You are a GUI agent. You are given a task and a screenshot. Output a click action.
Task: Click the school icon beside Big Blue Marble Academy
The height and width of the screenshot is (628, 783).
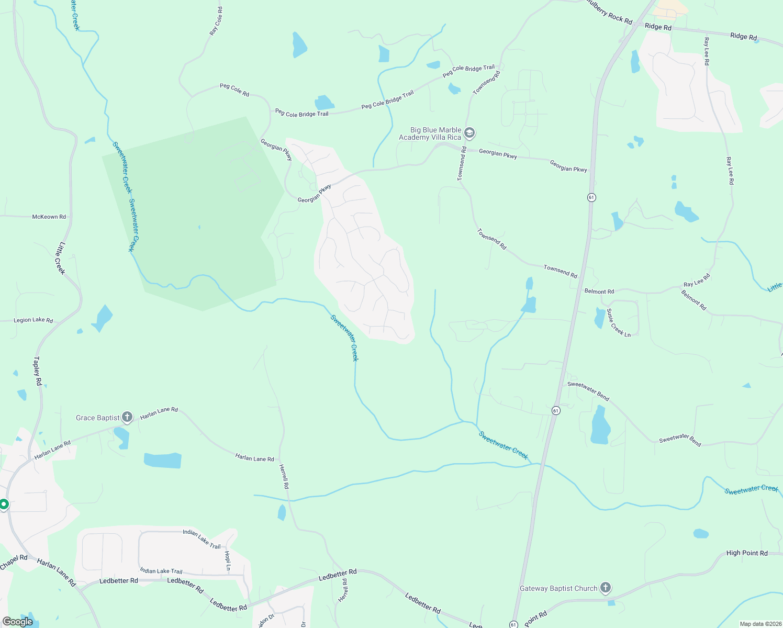[469, 133]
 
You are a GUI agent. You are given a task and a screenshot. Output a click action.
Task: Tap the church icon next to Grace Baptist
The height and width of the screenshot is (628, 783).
[127, 417]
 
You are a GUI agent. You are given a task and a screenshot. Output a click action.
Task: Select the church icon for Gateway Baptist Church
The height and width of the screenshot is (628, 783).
[606, 588]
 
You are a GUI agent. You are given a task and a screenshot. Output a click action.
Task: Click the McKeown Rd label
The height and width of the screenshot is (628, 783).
[49, 217]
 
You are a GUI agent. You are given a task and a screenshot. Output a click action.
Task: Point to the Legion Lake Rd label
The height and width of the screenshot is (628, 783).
[33, 320]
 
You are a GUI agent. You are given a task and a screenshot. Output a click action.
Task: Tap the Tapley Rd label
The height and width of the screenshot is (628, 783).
[38, 371]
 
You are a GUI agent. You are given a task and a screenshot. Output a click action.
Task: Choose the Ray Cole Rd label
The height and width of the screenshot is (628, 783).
[216, 21]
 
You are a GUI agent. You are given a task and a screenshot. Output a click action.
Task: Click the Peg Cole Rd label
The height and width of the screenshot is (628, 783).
[234, 89]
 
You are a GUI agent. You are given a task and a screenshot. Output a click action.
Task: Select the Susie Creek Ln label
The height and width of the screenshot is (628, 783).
[619, 323]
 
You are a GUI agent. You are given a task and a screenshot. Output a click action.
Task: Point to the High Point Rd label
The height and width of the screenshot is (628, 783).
[747, 553]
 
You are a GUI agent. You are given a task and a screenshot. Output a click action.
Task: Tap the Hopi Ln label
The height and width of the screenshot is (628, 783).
[227, 560]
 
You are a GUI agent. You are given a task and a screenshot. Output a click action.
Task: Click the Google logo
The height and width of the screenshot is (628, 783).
[18, 622]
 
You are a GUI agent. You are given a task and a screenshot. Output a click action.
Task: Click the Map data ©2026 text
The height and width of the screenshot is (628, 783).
[759, 624]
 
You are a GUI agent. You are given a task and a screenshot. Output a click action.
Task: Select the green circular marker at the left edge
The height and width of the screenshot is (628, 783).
[4, 504]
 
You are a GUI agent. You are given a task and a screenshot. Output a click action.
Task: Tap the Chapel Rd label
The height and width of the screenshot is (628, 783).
[14, 562]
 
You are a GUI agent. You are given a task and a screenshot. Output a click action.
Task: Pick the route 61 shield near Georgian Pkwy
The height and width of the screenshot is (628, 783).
[591, 197]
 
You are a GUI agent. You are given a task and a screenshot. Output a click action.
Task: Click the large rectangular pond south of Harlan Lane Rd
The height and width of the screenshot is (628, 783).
[163, 461]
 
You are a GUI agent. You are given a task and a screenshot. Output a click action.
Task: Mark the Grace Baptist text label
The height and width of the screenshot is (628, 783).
[98, 418]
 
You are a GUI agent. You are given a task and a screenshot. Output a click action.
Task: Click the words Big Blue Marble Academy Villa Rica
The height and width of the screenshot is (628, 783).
[430, 133]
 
